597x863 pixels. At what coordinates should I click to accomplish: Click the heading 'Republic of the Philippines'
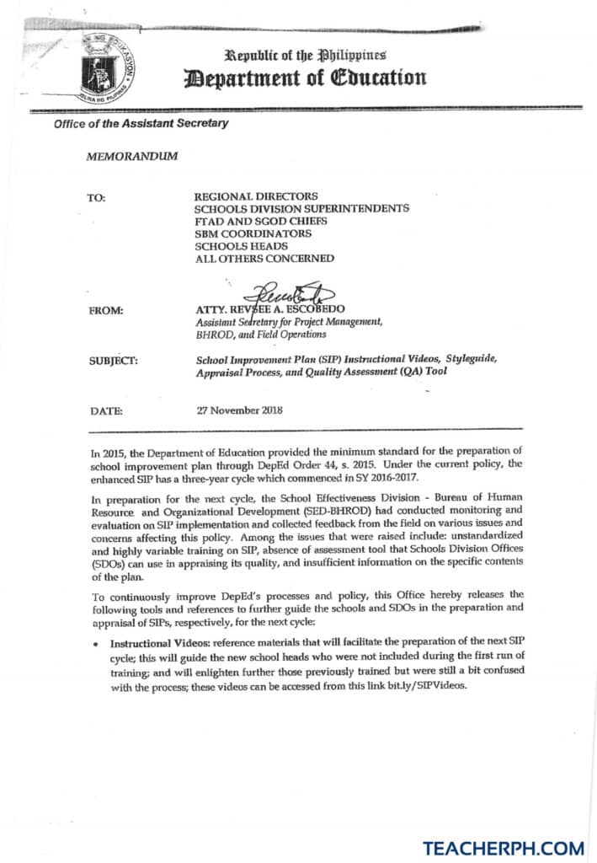coord(306,55)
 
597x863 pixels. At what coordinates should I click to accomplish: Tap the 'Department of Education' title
coord(306,78)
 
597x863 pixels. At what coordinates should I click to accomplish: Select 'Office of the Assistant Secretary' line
coord(141,124)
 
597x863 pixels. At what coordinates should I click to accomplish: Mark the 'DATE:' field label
coord(105,411)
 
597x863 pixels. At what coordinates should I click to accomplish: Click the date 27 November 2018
coord(239,411)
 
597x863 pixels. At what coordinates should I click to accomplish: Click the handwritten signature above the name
coord(291,293)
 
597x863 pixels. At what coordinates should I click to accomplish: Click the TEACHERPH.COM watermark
coord(504,844)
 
